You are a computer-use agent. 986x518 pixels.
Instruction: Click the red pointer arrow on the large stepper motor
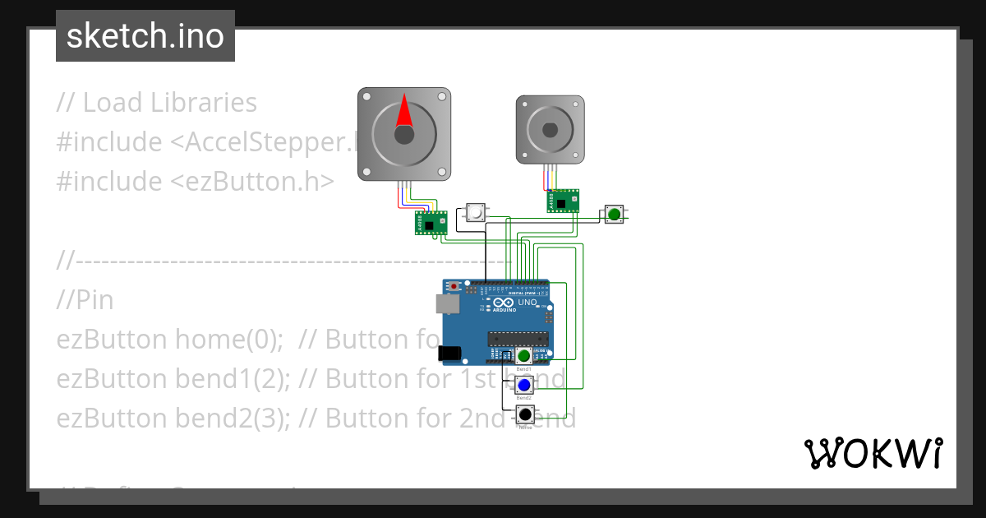pos(404,113)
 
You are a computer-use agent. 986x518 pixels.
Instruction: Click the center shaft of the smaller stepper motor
pos(550,129)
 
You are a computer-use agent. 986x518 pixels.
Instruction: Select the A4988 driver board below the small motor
pos(562,201)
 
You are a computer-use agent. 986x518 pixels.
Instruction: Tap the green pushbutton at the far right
pos(614,215)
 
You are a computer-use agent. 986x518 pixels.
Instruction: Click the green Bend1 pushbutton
pos(524,356)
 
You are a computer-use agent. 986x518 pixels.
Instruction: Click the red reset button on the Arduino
pos(454,286)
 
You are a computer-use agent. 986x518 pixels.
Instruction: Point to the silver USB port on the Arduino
pos(448,304)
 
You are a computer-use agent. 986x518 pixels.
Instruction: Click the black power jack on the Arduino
pos(449,353)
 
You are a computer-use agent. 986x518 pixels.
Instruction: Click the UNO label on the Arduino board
pos(527,303)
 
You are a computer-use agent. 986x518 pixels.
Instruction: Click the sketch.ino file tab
pos(145,36)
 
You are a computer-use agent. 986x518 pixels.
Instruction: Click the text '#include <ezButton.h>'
pos(195,181)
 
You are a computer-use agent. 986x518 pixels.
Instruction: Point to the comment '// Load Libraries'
pos(156,103)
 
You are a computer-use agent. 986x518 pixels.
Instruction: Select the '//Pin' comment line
pos(85,300)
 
